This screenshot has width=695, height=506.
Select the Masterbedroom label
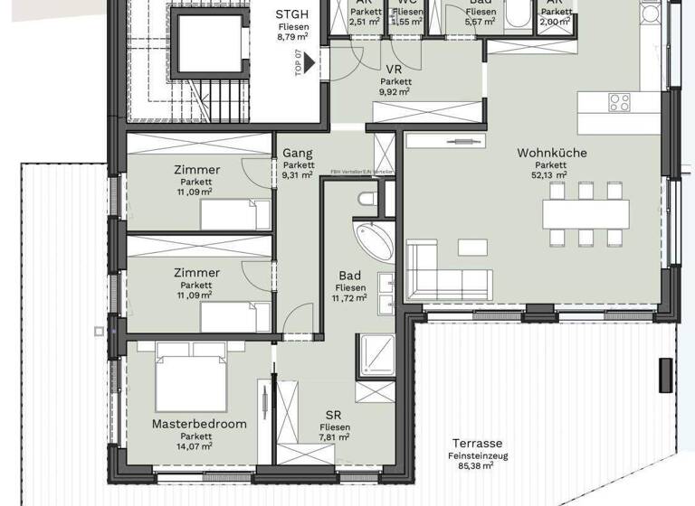[x=186, y=424]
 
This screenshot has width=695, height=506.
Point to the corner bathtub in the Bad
[x=372, y=239]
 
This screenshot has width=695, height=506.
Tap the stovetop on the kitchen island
[x=620, y=102]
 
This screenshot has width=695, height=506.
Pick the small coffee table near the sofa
[x=471, y=247]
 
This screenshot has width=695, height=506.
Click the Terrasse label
[x=477, y=444]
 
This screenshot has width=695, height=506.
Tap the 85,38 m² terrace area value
[x=477, y=466]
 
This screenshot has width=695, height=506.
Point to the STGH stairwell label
[x=291, y=14]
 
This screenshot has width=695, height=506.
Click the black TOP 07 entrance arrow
[x=309, y=63]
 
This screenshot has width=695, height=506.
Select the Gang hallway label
[x=298, y=154]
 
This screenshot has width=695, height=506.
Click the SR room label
[x=333, y=415]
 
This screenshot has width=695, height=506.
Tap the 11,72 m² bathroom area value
[x=349, y=297]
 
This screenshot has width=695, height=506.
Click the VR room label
[x=394, y=70]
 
